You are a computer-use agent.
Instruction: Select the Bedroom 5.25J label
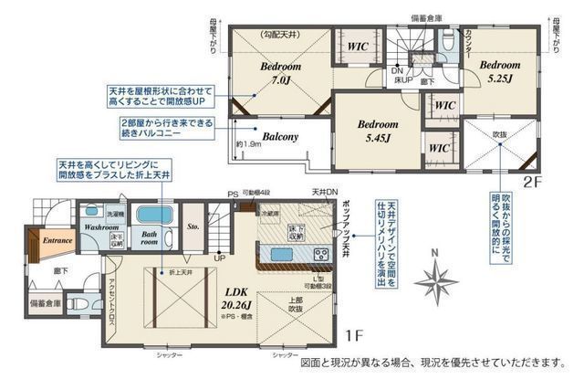click(x=496, y=72)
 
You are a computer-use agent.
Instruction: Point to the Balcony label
click(x=280, y=137)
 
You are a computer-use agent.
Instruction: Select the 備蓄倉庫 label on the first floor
click(x=45, y=303)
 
